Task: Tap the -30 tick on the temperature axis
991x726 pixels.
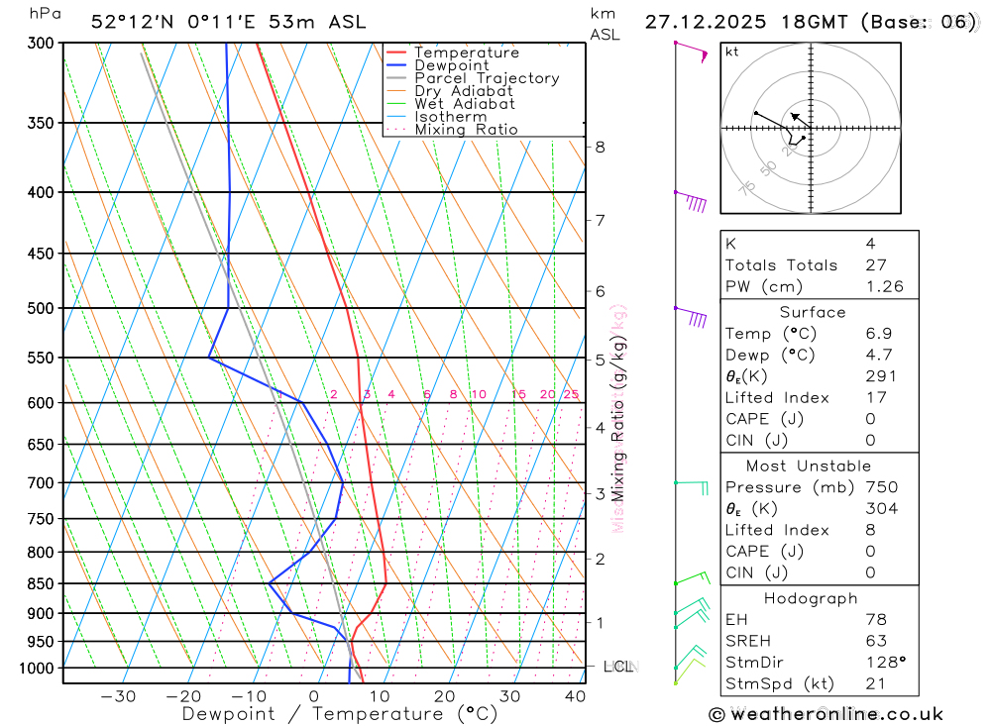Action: tap(118, 696)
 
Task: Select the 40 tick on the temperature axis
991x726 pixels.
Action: tap(575, 696)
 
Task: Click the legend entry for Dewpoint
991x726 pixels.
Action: tap(451, 65)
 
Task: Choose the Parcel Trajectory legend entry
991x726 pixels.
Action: tap(487, 78)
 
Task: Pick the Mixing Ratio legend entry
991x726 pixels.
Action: tap(466, 130)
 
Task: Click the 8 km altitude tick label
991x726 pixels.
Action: tap(600, 147)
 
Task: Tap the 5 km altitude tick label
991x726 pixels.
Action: tap(600, 360)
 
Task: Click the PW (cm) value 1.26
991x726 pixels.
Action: tap(884, 286)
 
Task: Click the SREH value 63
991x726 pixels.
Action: tap(875, 641)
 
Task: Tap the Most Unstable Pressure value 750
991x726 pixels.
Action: tap(880, 487)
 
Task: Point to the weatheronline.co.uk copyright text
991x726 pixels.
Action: tap(826, 714)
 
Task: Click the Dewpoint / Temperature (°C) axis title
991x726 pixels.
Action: tap(340, 714)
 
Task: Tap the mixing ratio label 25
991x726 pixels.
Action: tap(571, 394)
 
